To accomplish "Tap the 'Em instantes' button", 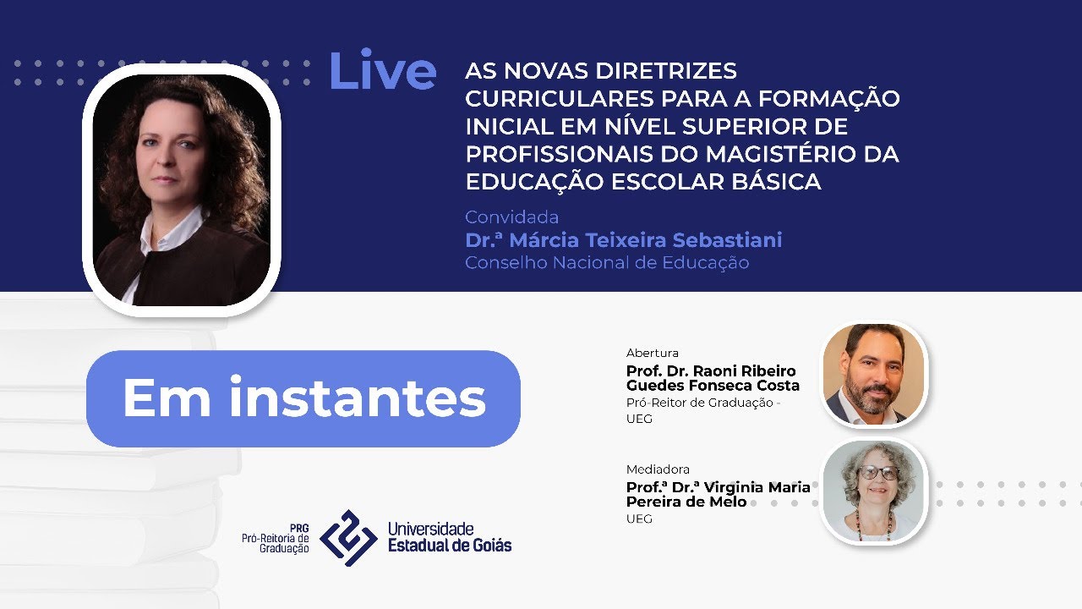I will pyautogui.click(x=303, y=398).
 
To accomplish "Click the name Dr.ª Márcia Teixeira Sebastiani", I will pyautogui.click(x=623, y=240).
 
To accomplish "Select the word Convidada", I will pyautogui.click(x=511, y=217).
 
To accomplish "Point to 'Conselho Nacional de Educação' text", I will pyautogui.click(x=606, y=263).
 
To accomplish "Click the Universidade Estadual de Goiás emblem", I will pyautogui.click(x=348, y=538).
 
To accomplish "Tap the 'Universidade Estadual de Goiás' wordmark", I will pyautogui.click(x=449, y=537).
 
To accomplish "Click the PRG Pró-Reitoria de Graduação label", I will pyautogui.click(x=276, y=538).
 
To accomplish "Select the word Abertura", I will pyautogui.click(x=652, y=353).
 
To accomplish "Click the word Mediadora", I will pyautogui.click(x=658, y=469).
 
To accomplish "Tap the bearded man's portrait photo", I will pyautogui.click(x=874, y=374).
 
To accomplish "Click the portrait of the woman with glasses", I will pyautogui.click(x=874, y=491).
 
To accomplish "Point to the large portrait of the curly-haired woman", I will pyautogui.click(x=182, y=190).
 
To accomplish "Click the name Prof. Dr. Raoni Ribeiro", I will pyautogui.click(x=711, y=371).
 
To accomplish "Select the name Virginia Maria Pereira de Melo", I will pyautogui.click(x=718, y=494).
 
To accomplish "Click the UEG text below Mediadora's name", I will pyautogui.click(x=639, y=518).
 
